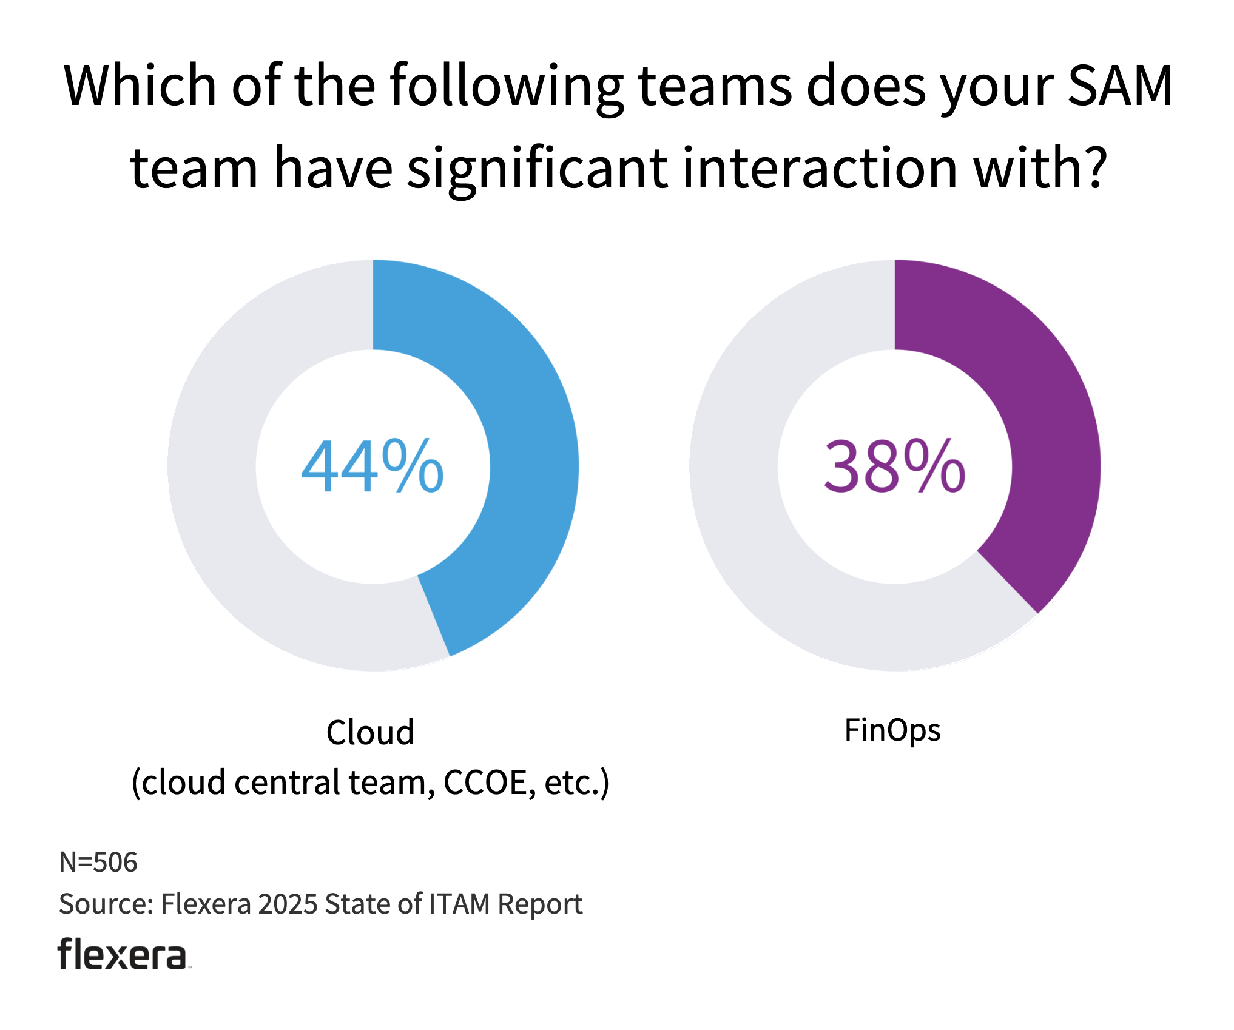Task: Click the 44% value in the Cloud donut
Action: tap(373, 466)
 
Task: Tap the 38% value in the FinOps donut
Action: tap(894, 466)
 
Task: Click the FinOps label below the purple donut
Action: tap(892, 730)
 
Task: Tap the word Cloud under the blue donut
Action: tap(370, 733)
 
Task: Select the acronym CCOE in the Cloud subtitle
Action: tap(490, 783)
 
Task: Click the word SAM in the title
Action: tap(1120, 86)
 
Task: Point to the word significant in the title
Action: tap(537, 169)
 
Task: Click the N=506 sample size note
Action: tap(98, 862)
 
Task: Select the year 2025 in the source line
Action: tap(288, 904)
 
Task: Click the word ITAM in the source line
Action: tap(459, 904)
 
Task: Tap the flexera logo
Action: tap(123, 954)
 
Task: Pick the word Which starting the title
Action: tap(140, 86)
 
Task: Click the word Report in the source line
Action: tap(540, 904)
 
